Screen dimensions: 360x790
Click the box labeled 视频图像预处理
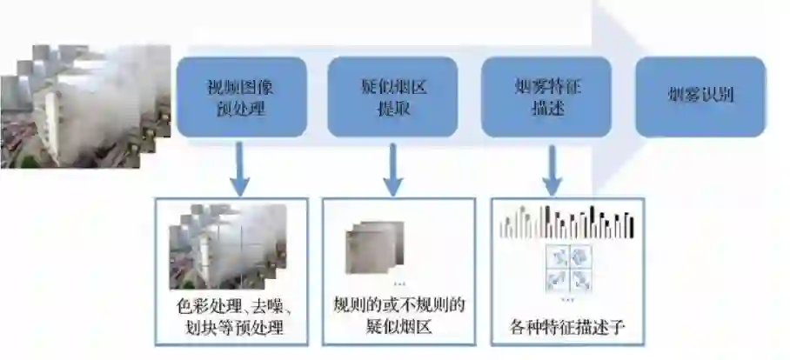[x=241, y=97]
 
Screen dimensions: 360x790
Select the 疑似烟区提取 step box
[x=392, y=97]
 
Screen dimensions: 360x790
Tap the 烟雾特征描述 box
[x=546, y=97]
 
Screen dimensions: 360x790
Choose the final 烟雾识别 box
[x=700, y=97]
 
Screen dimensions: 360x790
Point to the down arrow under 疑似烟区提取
[x=393, y=169]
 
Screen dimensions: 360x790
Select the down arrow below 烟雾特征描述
[x=551, y=169]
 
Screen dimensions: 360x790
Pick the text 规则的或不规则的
[x=399, y=306]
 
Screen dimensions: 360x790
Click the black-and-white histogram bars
[x=566, y=223]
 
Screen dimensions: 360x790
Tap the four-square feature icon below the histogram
[x=567, y=267]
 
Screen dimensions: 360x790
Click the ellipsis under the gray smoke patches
[x=399, y=283]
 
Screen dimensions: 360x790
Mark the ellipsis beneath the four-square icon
[x=567, y=299]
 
